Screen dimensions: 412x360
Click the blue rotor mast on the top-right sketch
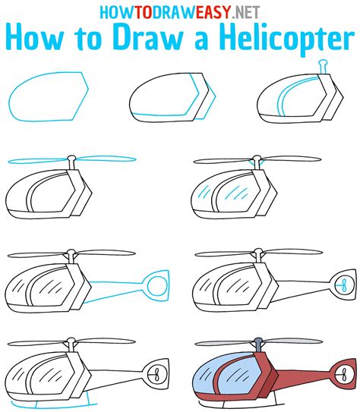[x=324, y=70]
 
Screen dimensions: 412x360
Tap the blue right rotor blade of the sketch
[x=107, y=160]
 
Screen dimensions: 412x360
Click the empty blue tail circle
[x=157, y=285]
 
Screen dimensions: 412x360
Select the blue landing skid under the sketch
[x=83, y=399]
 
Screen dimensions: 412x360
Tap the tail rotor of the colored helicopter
[x=343, y=373]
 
